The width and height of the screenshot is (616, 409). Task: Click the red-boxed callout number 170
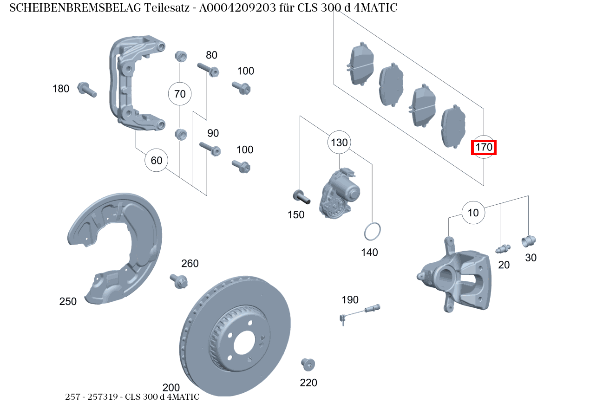point(484,148)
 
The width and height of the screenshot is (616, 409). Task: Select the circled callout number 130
point(339,143)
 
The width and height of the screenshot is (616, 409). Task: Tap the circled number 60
point(157,161)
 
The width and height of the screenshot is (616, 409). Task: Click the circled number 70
point(180,94)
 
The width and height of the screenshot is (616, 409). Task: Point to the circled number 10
point(473,213)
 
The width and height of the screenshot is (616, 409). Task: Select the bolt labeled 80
point(208,69)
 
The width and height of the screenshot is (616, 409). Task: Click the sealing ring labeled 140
point(372,232)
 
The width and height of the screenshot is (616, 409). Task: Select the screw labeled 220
point(308,364)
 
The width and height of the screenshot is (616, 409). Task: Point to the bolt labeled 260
point(179,280)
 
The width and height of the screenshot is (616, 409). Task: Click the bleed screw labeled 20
point(503,249)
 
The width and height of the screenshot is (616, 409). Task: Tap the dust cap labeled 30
point(529,241)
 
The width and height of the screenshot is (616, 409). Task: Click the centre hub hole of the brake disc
point(244,343)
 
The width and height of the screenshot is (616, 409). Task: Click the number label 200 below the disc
point(171,387)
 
